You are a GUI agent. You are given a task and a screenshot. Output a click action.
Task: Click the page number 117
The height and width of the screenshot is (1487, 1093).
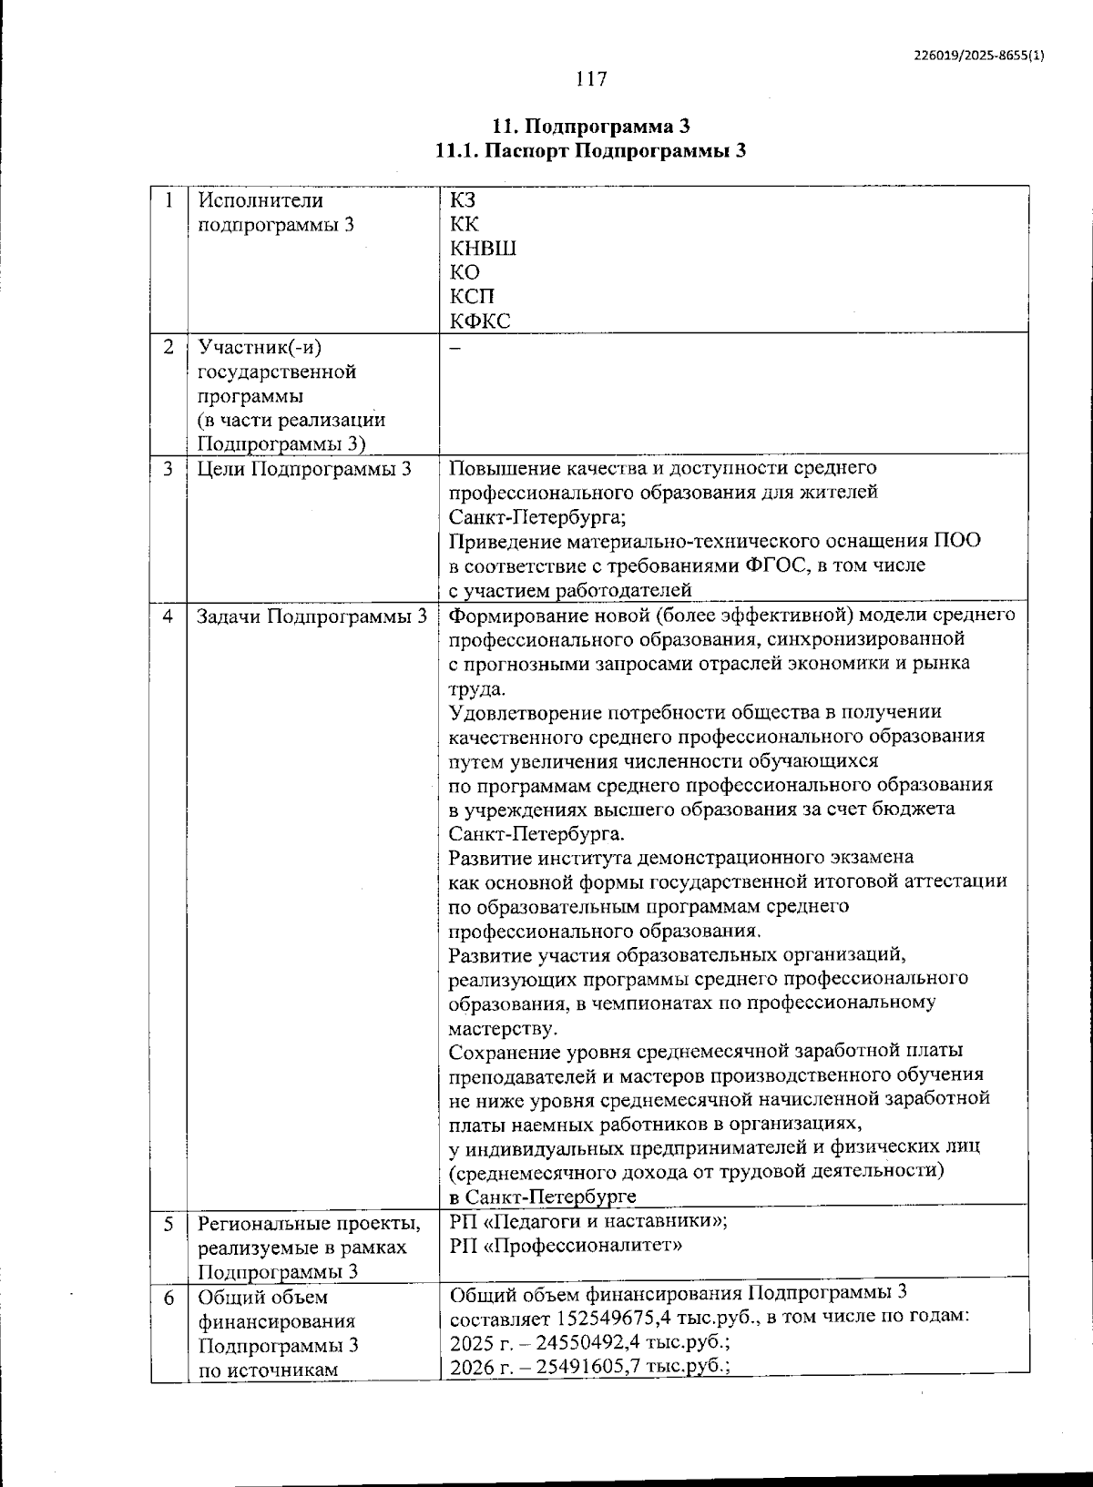(x=591, y=79)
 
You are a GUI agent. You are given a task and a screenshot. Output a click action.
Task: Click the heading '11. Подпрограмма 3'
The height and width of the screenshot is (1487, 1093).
(x=591, y=126)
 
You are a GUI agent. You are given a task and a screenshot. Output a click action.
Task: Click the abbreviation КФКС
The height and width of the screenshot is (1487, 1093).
(x=480, y=321)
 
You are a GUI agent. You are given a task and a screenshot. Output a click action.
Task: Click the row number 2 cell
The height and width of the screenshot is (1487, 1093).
(x=169, y=348)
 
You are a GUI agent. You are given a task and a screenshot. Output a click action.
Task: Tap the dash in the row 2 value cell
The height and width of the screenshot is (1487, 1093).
(x=455, y=349)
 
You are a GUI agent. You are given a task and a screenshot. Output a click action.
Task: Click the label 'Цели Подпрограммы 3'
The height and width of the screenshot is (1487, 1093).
(x=304, y=469)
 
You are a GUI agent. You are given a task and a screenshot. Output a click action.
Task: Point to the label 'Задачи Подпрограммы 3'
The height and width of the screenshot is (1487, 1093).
(x=312, y=616)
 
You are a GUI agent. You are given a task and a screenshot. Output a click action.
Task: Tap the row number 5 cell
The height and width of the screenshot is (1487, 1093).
(x=169, y=1224)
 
